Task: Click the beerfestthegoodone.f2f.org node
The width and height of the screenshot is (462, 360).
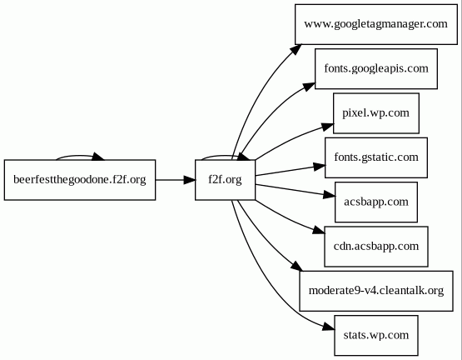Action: [80, 180]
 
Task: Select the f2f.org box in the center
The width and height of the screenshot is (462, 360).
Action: [225, 180]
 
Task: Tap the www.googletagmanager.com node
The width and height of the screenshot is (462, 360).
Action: [376, 24]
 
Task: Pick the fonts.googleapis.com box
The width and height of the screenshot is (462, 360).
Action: [376, 69]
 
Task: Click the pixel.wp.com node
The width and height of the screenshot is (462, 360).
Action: [376, 113]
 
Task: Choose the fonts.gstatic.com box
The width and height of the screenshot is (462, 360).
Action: [376, 157]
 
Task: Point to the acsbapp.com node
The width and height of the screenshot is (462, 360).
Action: [376, 202]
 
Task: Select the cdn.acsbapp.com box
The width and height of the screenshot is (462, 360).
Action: [376, 247]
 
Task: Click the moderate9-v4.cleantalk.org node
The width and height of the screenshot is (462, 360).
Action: [376, 291]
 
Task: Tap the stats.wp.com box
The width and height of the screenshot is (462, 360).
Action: [376, 336]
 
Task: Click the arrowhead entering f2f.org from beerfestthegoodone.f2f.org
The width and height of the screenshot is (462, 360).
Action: [189, 180]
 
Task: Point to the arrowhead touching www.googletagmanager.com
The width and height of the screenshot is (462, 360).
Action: [296, 49]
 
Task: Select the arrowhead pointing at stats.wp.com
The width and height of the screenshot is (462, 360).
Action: [329, 327]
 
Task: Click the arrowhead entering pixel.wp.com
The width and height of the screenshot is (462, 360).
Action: [327, 127]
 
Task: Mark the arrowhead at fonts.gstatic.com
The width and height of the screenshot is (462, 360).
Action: [320, 167]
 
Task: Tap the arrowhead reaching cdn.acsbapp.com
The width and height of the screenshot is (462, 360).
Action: [319, 231]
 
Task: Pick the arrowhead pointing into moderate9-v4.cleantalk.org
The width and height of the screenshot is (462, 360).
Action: [296, 266]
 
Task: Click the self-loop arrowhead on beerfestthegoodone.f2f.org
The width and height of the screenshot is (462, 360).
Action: [98, 157]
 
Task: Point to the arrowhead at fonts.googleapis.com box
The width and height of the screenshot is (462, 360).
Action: [309, 87]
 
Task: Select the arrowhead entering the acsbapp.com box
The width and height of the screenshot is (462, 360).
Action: [330, 195]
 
